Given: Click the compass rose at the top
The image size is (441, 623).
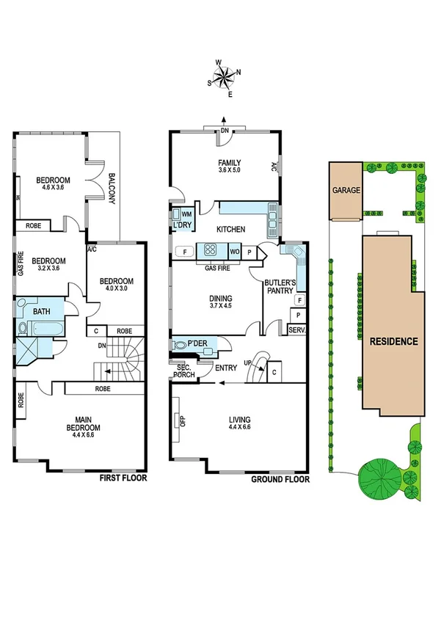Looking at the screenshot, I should coord(225,76).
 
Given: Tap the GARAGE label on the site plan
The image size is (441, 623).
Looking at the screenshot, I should coord(346,190).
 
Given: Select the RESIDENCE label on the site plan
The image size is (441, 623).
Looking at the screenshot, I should coord(393,341).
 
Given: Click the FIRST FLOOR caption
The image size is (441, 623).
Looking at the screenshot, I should coord(123,478).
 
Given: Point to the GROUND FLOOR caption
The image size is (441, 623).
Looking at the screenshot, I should coord(280,479).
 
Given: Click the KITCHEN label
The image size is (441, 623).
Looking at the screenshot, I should coord(230,230).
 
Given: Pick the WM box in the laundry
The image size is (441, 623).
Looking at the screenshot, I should coord(186,214).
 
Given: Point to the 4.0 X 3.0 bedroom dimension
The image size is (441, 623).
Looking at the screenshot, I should coord(117,289).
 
